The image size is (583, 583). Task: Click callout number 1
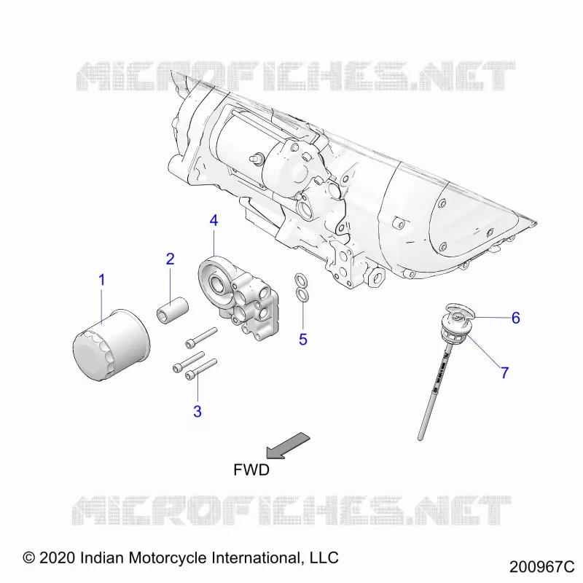tap(101, 280)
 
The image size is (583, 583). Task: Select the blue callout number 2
tap(171, 259)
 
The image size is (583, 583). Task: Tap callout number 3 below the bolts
tap(197, 411)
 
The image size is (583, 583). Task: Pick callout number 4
tap(214, 221)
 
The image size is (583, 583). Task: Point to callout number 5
tap(303, 340)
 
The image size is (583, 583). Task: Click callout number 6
tap(516, 318)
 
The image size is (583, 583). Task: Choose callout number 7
tap(504, 372)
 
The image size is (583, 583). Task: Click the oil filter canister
tap(111, 345)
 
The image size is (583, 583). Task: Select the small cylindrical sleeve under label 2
tap(172, 310)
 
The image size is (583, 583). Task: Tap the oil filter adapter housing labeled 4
tap(239, 297)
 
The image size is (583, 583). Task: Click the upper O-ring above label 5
tap(301, 279)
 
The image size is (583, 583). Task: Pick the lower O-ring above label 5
tap(302, 294)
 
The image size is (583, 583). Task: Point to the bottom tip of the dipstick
tap(420, 439)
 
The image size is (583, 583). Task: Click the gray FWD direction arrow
tap(288, 445)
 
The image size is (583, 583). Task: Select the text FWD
tap(251, 470)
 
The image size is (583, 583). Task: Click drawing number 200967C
tap(541, 567)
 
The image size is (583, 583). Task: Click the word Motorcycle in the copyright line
tap(168, 558)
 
